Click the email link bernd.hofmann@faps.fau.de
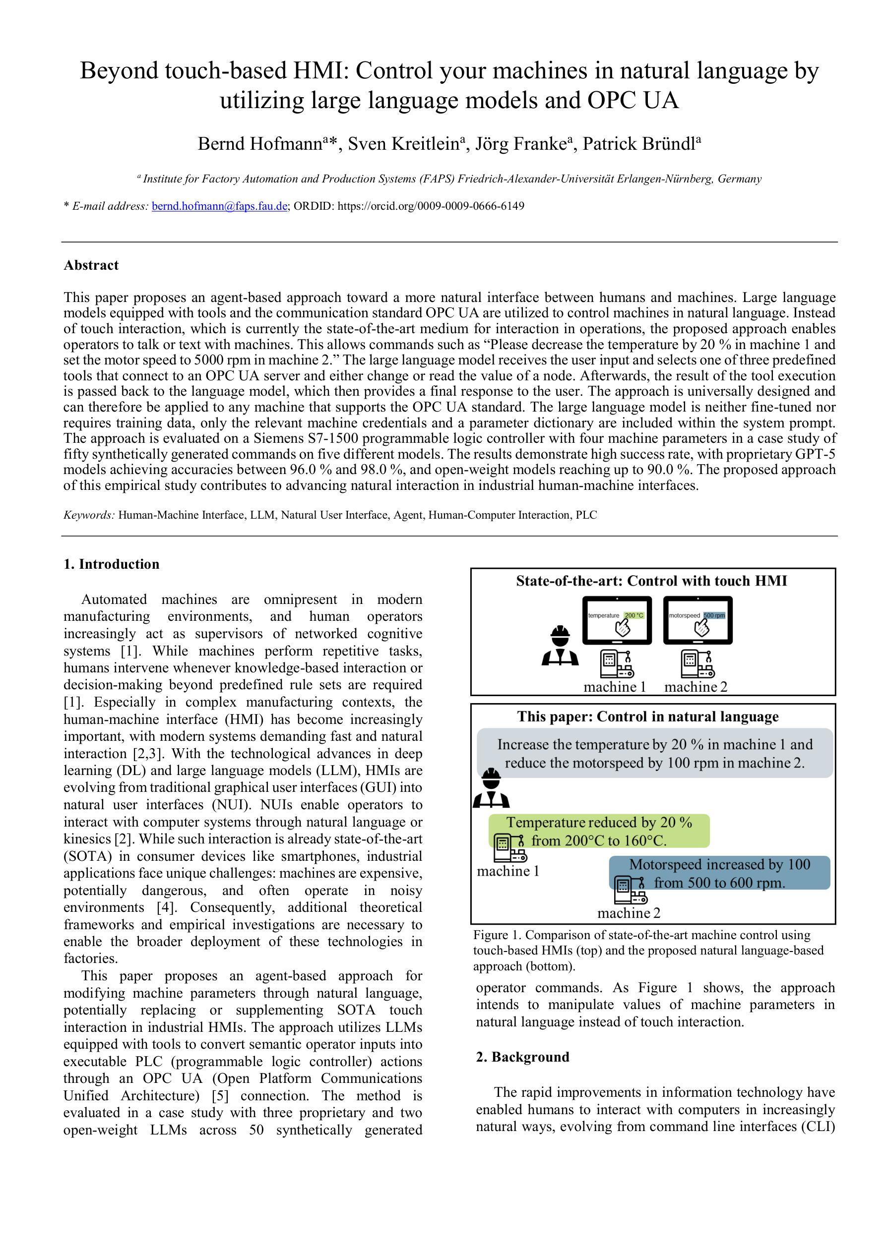point(219,206)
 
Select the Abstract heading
point(91,265)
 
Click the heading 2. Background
point(522,1057)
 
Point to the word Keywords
point(88,515)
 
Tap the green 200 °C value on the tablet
point(634,615)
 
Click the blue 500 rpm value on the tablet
point(714,615)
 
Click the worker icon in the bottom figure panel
point(491,788)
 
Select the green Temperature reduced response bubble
point(599,831)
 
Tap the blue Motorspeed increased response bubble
point(719,873)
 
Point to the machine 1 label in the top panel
point(615,687)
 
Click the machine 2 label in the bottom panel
point(629,912)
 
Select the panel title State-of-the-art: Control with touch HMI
point(651,581)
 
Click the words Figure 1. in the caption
point(497,935)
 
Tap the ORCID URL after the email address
point(431,206)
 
